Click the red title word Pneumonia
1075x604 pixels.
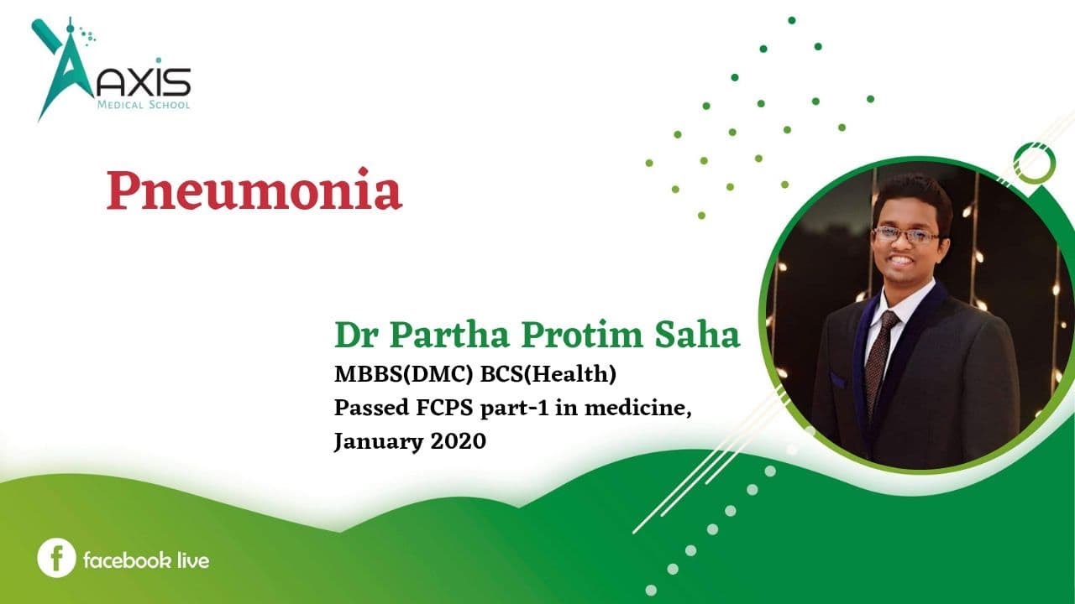[254, 192]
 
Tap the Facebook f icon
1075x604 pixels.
[56, 559]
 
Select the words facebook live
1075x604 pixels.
[145, 560]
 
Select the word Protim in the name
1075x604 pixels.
[594, 335]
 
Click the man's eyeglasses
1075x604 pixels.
[906, 235]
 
